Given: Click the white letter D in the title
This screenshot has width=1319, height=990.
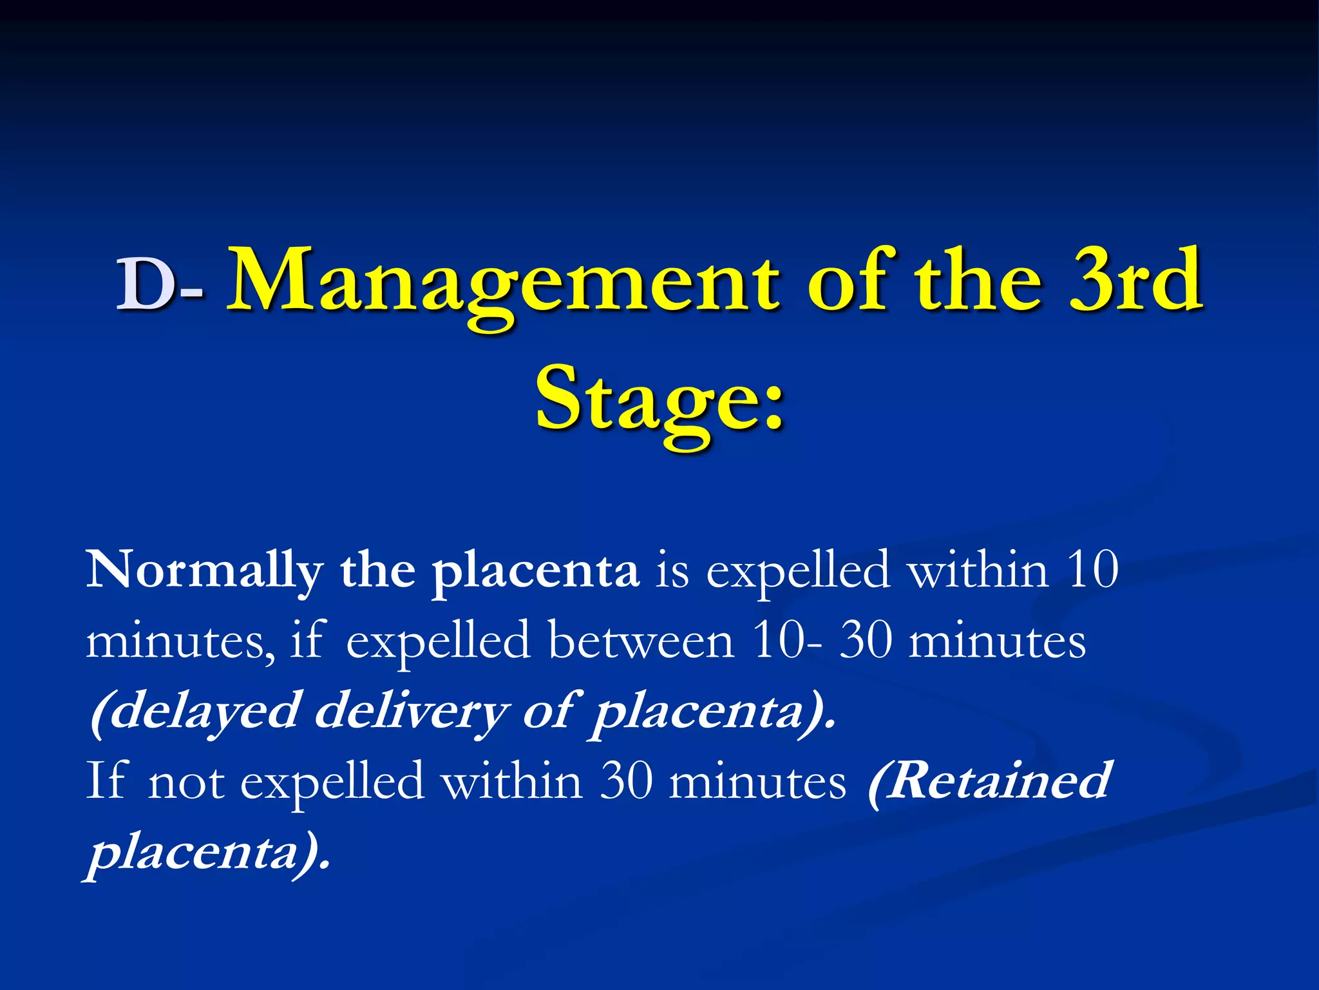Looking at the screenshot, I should tap(146, 284).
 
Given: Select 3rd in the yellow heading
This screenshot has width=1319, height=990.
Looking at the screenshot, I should tap(1135, 281).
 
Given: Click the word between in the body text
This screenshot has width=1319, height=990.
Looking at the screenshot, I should tap(641, 641).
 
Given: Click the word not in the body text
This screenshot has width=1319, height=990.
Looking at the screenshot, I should tap(186, 781).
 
